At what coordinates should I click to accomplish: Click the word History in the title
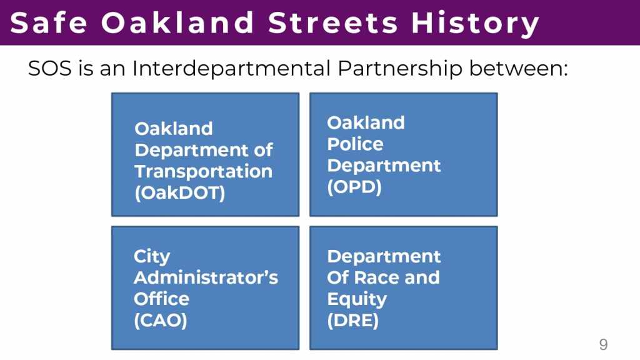pyautogui.click(x=476, y=23)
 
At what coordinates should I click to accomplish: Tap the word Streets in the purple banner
pyautogui.click(x=333, y=22)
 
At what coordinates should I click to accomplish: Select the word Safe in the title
pyautogui.click(x=49, y=22)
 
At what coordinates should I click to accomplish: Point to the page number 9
pyautogui.click(x=603, y=344)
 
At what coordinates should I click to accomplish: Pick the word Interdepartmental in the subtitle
pyautogui.click(x=231, y=68)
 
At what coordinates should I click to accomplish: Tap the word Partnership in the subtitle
pyautogui.click(x=399, y=68)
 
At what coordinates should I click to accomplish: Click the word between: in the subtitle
pyautogui.click(x=518, y=68)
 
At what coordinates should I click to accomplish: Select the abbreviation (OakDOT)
pyautogui.click(x=179, y=192)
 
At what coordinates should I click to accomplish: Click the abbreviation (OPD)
pyautogui.click(x=354, y=187)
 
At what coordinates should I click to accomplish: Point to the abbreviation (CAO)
pyautogui.click(x=161, y=320)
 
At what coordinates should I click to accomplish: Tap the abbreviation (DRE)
pyautogui.click(x=352, y=320)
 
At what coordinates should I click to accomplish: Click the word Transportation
pyautogui.click(x=203, y=171)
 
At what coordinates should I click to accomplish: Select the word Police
pyautogui.click(x=355, y=144)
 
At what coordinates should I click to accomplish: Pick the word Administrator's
pyautogui.click(x=206, y=277)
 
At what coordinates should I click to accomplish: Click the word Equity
pyautogui.click(x=357, y=299)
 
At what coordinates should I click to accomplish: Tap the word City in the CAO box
pyautogui.click(x=152, y=257)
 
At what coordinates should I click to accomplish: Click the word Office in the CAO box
pyautogui.click(x=161, y=299)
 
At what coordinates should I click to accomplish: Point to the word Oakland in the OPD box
pyautogui.click(x=366, y=123)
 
